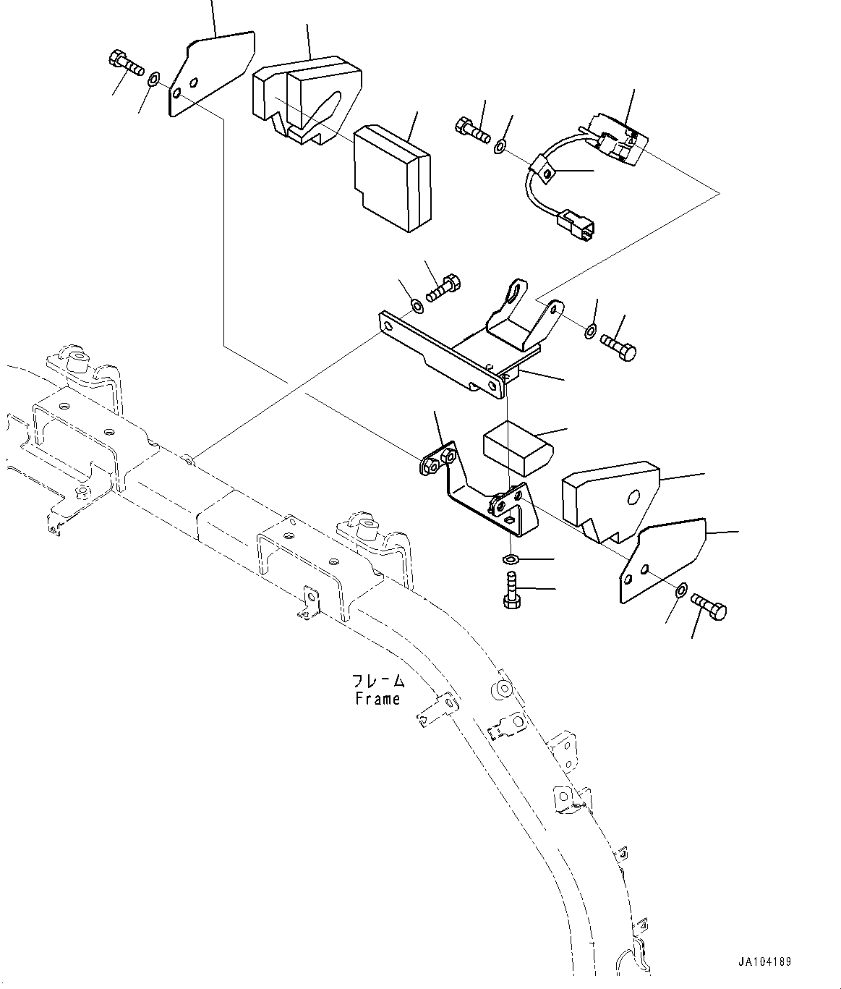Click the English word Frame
377,699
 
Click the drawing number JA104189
764,962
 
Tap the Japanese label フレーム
377,682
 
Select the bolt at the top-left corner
126,63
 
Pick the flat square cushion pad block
391,178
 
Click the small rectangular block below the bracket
516,443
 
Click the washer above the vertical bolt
511,559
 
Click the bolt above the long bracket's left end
441,287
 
